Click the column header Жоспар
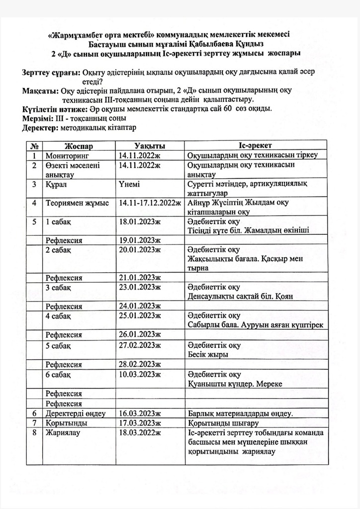[79, 145]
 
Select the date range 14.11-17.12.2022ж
[150, 203]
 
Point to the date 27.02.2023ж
[140, 345]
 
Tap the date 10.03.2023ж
[140, 374]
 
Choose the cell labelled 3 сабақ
[58, 287]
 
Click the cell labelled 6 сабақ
[58, 374]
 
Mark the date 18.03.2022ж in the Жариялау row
[140, 433]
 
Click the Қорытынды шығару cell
[222, 423]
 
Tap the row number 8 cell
[35, 433]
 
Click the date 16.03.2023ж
[140, 413]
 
